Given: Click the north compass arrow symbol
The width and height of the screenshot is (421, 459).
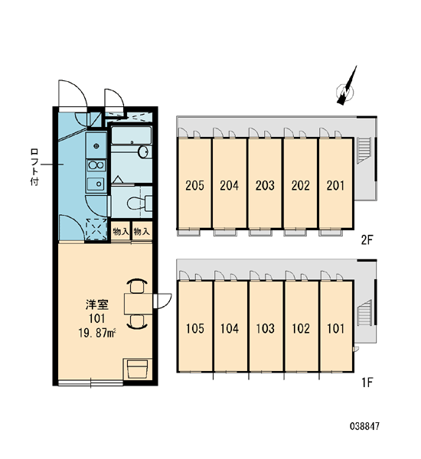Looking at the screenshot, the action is pos(346,87).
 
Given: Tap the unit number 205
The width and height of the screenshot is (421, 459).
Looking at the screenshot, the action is pos(195,185).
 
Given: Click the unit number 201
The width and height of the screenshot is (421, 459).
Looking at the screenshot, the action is pos(335,185).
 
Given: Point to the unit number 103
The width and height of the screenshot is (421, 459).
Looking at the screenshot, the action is pos(265,328).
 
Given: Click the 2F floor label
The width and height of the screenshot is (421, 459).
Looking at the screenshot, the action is pos(367,240).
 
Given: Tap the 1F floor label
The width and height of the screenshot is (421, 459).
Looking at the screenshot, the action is pos(367,382).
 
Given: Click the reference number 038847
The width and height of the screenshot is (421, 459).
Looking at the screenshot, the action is pos(364,426).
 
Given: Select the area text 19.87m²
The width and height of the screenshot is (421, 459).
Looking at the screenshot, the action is pos(97,333).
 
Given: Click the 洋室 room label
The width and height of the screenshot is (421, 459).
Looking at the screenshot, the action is pos(97,304).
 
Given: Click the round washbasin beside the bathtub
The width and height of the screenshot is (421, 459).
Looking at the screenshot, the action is pos(144,152).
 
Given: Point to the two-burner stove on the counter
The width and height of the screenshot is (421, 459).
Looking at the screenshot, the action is pos(96,165).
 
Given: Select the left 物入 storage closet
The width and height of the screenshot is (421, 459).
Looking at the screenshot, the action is pos(120,232).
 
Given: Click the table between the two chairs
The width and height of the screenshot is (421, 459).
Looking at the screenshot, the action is pos(139,304).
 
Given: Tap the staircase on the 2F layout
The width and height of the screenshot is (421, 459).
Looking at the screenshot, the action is pos(364,150).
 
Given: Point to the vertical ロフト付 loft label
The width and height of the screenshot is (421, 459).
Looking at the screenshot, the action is pos(34,167).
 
